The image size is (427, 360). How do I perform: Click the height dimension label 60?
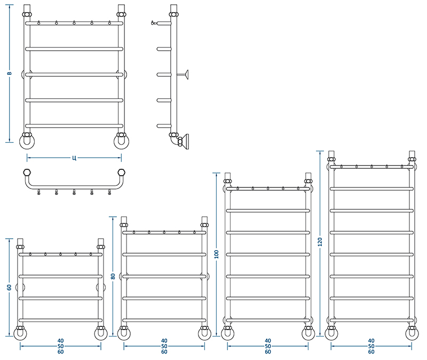coord(9,287)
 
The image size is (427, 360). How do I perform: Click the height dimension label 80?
coord(113,276)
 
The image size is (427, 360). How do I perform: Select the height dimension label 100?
coord(217,254)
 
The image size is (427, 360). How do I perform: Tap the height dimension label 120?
coord(320,242)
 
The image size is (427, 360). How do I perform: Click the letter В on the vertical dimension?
coord(9,73)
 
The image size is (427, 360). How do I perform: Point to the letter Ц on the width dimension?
coord(74,158)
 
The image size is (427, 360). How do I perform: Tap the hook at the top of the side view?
coord(154,23)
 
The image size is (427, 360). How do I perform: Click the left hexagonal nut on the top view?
coord(27,172)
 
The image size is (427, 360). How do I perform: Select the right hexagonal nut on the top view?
coord(122,172)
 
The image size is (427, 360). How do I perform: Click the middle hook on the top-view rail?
coord(74,192)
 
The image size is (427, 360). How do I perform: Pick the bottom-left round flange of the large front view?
coord(27,142)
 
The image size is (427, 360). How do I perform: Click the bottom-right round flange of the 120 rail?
coord(412,334)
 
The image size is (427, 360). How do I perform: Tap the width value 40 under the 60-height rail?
coord(60,341)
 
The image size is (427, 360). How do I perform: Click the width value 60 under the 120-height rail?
coord(371,352)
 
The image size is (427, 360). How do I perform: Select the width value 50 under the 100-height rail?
coord(268,346)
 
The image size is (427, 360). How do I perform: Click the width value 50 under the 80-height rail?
coord(164,346)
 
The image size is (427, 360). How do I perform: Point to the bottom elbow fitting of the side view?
coord(175,139)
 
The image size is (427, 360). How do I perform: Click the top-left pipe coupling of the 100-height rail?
coord(228,181)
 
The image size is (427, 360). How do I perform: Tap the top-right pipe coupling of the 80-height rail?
coord(204,225)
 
